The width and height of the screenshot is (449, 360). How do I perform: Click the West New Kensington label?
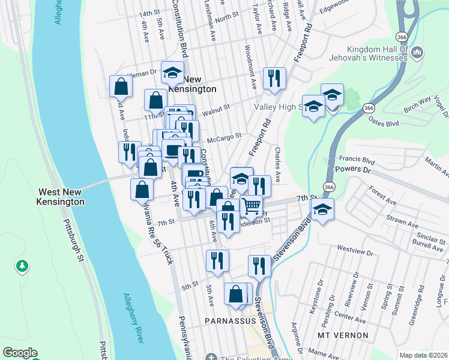[x=61, y=197]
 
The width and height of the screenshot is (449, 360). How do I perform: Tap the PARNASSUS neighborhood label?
[x=230, y=321]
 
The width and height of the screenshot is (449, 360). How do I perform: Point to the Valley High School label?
[x=277, y=107]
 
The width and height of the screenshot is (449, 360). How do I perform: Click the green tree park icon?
[x=22, y=265]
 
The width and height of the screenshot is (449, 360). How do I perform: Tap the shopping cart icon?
[x=252, y=206]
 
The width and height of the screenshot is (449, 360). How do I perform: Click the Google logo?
[x=19, y=353]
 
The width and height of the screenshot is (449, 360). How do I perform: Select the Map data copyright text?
[x=423, y=355]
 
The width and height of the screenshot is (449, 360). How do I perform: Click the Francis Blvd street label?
[x=357, y=161]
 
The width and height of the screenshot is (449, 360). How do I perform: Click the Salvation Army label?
[x=252, y=358]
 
